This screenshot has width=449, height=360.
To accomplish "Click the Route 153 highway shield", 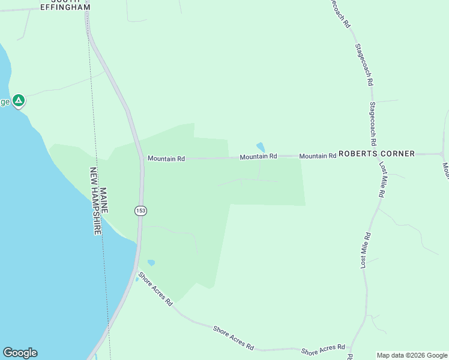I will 140,211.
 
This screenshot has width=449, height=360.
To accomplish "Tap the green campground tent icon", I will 19,100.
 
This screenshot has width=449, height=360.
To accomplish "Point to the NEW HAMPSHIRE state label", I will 94,201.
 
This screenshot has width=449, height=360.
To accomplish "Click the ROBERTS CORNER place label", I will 376,154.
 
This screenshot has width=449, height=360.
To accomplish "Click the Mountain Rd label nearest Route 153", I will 166,158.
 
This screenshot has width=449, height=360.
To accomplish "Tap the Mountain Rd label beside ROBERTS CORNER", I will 318,156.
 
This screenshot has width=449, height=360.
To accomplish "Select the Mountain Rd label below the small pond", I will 258,157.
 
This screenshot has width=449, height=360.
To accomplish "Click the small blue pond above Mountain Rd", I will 261,146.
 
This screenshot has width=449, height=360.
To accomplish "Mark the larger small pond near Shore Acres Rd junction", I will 151,263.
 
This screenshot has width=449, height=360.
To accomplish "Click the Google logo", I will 20,353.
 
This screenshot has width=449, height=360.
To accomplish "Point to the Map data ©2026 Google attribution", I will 412,355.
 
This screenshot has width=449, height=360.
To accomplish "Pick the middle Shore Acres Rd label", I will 234,338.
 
